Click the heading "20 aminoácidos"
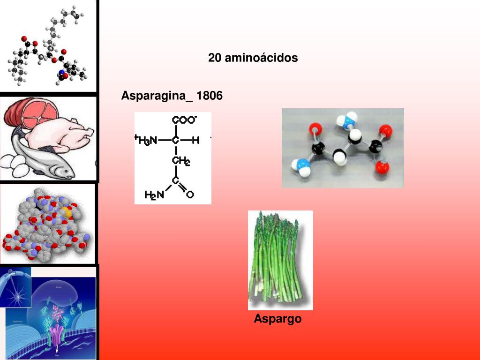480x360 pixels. pos(253,58)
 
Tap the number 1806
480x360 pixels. pos(210,96)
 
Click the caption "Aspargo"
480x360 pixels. pos(277,319)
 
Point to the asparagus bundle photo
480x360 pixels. pos(280,260)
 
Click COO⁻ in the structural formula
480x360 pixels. pos(184,120)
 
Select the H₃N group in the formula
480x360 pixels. pos(147,140)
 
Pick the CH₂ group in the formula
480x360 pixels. pos(180,161)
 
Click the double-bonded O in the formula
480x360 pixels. pos(190,194)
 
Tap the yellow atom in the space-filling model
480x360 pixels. pos(68,213)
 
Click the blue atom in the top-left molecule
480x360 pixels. pos(61,73)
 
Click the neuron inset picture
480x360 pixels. pos(15,287)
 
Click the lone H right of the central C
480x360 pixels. pos(195,140)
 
